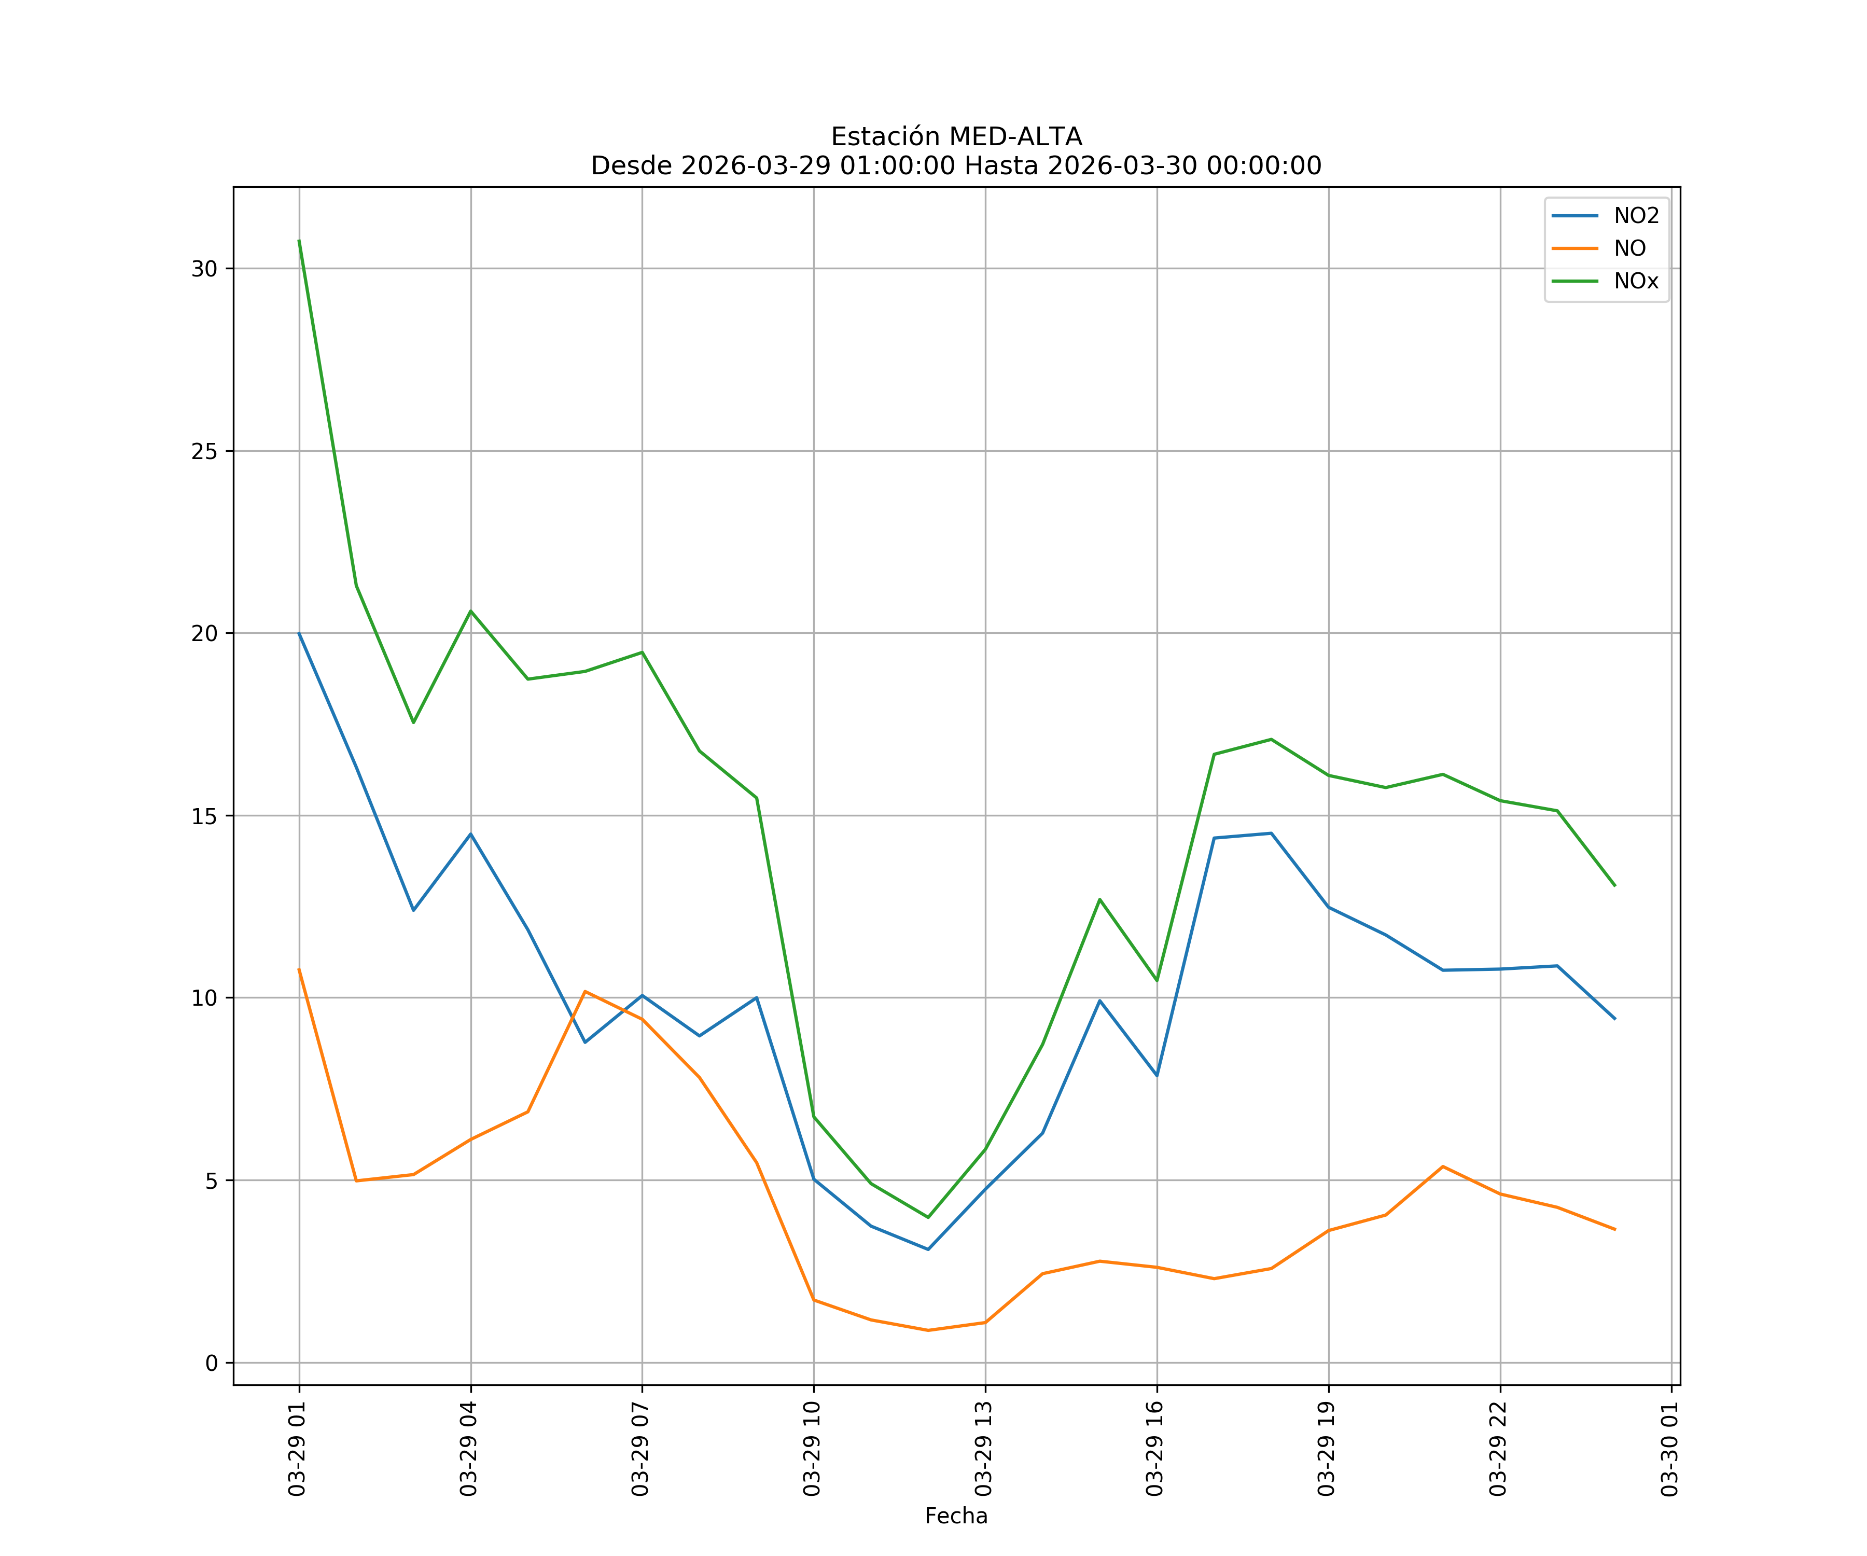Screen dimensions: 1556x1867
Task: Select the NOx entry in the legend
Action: tap(1635, 282)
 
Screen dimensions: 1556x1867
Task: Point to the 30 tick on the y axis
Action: tap(204, 269)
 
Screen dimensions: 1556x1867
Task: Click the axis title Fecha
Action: tap(956, 1516)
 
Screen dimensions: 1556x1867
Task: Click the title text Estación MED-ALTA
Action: tap(956, 137)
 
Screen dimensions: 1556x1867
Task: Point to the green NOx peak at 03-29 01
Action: tap(299, 240)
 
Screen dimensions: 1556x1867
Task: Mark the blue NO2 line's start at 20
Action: tap(299, 633)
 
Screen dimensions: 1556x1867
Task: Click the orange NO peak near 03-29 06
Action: tap(585, 991)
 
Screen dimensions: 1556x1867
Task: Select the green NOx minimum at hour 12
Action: tap(928, 1217)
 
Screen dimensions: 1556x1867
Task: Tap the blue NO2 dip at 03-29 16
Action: tap(1157, 1076)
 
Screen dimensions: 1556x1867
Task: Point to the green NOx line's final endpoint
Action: tap(1614, 885)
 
